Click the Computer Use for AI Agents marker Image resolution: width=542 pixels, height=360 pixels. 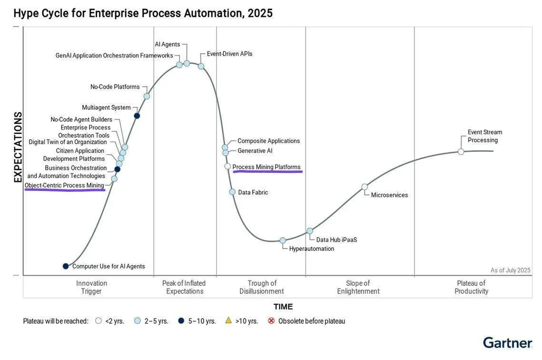point(66,266)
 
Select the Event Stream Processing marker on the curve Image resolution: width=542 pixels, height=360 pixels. point(461,151)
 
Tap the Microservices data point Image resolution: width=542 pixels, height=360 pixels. point(365,187)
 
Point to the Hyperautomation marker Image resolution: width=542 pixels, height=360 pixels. point(283,240)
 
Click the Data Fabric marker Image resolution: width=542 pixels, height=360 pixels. point(232,192)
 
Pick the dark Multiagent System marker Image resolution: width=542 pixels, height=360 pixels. point(137,116)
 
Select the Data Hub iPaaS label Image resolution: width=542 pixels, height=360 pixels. point(336,240)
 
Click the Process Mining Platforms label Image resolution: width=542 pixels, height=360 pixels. point(266,167)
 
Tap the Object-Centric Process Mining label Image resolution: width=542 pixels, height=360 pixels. point(64,185)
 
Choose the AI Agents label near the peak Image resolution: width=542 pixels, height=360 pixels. point(168,44)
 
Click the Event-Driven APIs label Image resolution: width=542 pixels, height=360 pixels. point(229,54)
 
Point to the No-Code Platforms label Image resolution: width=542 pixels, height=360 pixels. point(115,87)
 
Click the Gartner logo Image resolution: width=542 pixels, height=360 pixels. point(507,343)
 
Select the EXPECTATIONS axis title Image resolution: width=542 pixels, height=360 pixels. point(18,147)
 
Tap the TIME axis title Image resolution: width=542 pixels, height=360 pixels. point(283,307)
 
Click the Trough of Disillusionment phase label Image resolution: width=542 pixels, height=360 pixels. point(261,287)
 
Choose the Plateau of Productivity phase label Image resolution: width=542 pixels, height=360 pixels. point(471,287)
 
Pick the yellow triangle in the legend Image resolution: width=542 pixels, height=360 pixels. point(228,320)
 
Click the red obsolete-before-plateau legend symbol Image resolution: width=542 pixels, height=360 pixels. point(271,320)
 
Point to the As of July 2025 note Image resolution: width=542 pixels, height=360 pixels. point(510,270)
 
